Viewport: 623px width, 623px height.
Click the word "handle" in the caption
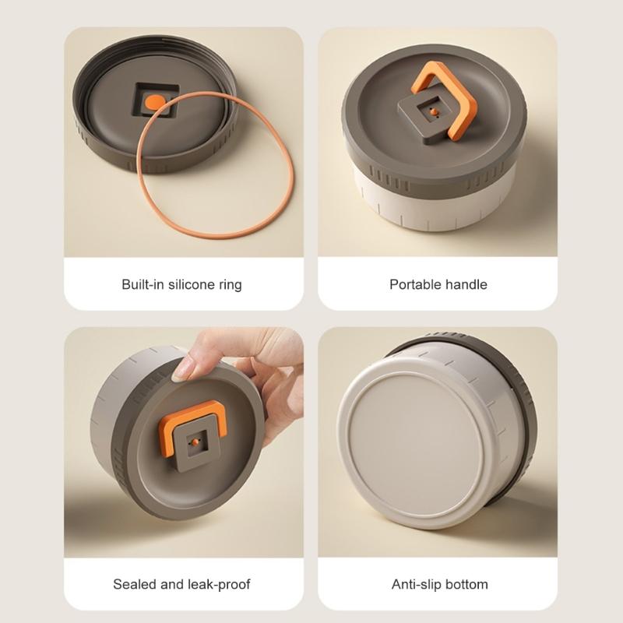click(x=465, y=284)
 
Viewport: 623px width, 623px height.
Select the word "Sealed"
click(x=134, y=583)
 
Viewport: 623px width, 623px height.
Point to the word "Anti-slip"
click(x=417, y=583)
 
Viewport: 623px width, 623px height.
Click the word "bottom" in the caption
click(x=466, y=583)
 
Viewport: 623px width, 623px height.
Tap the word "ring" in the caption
click(x=231, y=284)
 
